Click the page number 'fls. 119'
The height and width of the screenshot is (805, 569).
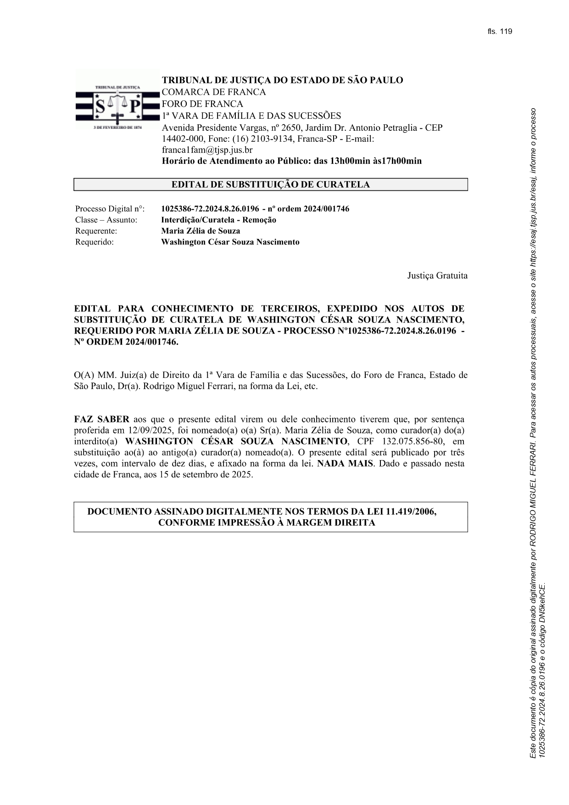(500, 32)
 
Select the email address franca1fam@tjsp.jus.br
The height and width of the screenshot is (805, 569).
(207, 150)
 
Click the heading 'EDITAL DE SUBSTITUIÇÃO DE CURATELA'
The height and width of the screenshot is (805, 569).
(270, 185)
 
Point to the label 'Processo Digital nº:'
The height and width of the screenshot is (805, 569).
(110, 209)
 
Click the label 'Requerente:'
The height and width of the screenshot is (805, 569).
(96, 231)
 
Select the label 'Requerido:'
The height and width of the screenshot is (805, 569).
(94, 242)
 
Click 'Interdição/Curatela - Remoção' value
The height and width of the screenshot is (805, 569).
(218, 220)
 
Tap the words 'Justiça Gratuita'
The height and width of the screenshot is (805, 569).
(437, 276)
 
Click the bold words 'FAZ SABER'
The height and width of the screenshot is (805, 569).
(101, 419)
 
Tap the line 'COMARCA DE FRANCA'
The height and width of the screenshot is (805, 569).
(213, 92)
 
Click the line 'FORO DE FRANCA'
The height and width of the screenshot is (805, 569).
(202, 104)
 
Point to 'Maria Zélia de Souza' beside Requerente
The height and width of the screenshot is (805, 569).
(201, 231)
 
